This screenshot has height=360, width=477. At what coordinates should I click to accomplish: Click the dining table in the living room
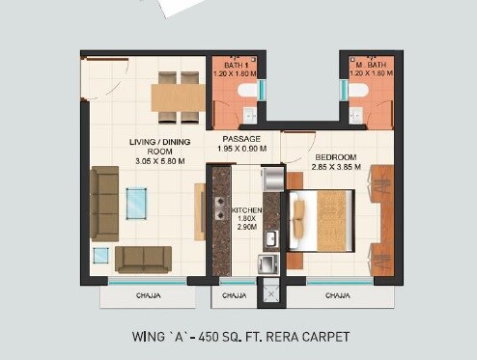coord(178,97)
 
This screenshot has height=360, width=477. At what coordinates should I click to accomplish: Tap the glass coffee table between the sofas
coord(137,203)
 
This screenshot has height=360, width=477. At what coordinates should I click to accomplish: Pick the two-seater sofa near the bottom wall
coord(143,259)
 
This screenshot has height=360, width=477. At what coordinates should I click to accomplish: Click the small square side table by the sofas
coord(100,256)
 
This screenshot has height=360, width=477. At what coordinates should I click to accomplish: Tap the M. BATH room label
coord(372,64)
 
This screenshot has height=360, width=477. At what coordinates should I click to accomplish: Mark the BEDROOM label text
coord(335,156)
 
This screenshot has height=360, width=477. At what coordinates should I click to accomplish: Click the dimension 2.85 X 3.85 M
coord(335,167)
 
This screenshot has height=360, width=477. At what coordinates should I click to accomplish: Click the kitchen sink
coord(272,237)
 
